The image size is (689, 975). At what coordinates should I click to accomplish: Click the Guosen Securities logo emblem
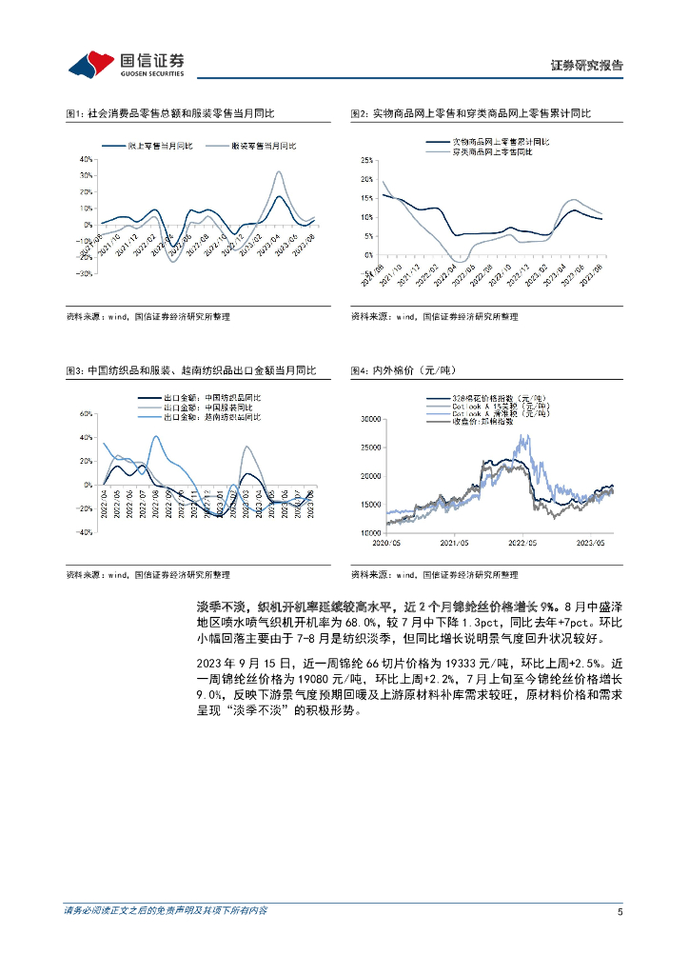[89, 63]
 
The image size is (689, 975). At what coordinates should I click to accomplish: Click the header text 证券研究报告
[587, 66]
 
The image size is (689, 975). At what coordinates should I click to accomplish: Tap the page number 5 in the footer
[620, 911]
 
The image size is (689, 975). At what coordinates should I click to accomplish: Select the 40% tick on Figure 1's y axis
[84, 160]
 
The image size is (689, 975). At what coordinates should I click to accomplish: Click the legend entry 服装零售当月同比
[264, 146]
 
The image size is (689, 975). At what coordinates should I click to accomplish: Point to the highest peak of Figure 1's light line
[278, 172]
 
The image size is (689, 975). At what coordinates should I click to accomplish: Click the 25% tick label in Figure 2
[368, 160]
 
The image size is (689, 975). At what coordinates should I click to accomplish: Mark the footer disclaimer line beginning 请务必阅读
[166, 911]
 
